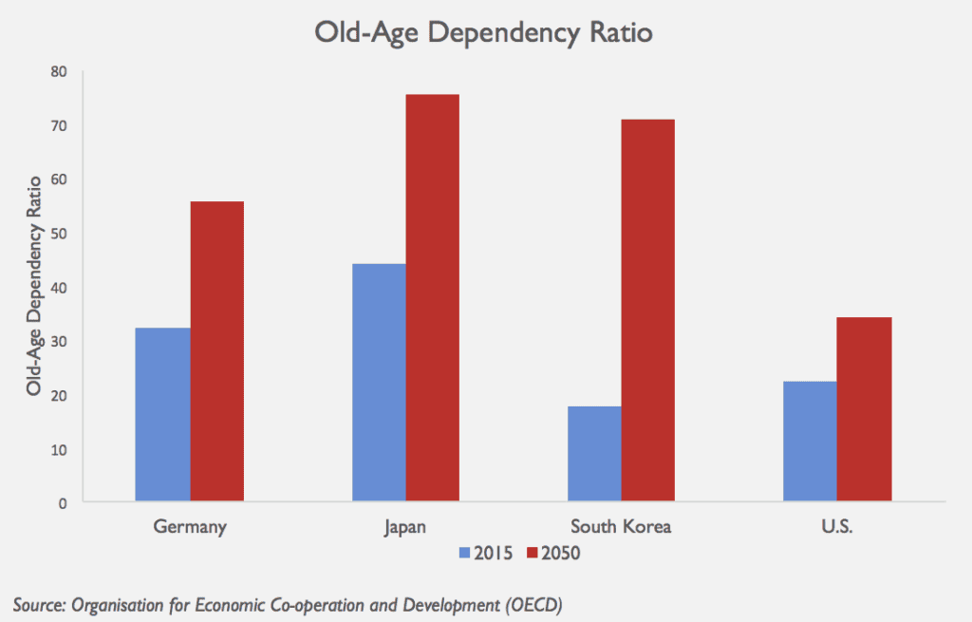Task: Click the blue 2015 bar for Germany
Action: pos(162,414)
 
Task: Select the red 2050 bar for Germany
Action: pos(217,351)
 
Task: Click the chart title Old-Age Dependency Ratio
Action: pos(485,32)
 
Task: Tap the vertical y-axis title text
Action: pos(33,285)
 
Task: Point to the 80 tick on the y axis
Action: pos(59,71)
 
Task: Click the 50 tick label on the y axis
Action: pos(59,234)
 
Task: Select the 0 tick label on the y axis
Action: pos(63,502)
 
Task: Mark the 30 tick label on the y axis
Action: pos(59,341)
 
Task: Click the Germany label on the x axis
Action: pos(190,526)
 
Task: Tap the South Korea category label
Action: pos(621,526)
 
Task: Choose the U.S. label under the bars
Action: pos(836,526)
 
